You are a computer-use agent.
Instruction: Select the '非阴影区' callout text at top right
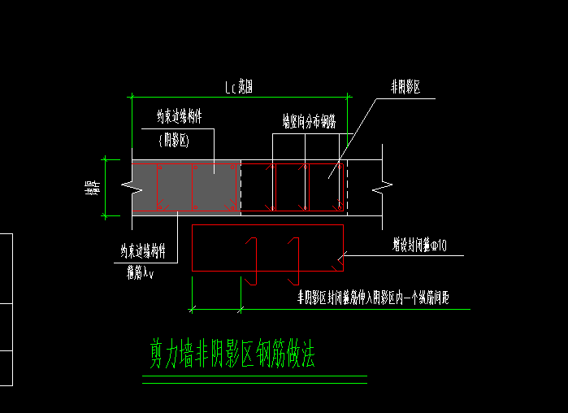[405, 87]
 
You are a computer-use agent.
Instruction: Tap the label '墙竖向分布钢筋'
[309, 123]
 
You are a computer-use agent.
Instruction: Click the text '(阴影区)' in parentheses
[173, 141]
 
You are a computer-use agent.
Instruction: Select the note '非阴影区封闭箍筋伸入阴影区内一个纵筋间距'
[373, 299]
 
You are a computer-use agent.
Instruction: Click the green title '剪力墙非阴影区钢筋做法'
[232, 355]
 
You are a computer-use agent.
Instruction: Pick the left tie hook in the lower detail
[253, 260]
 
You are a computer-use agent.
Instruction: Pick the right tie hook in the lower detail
[294, 260]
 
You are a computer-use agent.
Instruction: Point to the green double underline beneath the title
[254, 379]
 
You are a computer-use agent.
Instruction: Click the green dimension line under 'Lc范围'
[240, 97]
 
